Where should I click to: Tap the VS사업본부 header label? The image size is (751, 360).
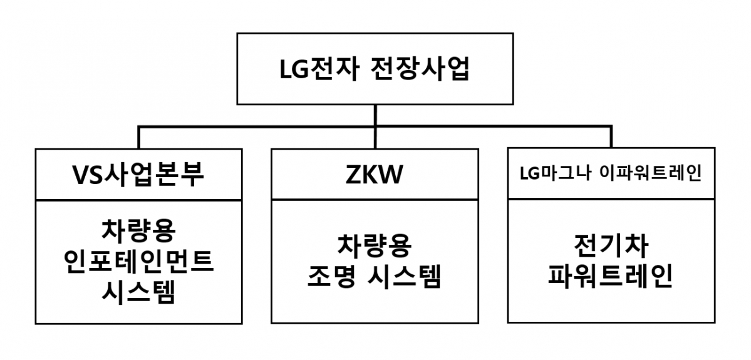pyautogui.click(x=138, y=175)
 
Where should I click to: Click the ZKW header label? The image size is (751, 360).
pyautogui.click(x=374, y=175)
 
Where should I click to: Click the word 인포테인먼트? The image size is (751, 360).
pyautogui.click(x=138, y=262)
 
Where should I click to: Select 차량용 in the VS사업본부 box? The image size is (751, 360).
pyautogui.click(x=138, y=230)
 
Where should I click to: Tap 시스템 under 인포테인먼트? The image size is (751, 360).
pyautogui.click(x=138, y=293)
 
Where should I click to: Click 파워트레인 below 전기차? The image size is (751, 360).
pyautogui.click(x=611, y=277)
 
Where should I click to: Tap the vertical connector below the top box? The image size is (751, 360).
pyautogui.click(x=375, y=116)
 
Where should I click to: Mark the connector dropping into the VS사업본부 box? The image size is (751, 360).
pyautogui.click(x=138, y=138)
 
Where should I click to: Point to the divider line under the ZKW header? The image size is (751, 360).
pyautogui.click(x=374, y=200)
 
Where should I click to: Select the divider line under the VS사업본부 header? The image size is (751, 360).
pyautogui.click(x=138, y=200)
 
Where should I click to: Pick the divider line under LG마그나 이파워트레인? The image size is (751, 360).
pyautogui.click(x=611, y=200)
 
